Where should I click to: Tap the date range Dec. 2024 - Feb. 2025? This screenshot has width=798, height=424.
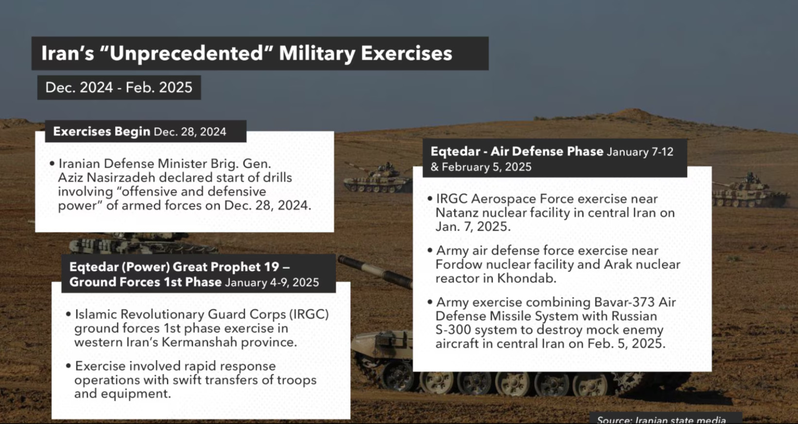coord(119,88)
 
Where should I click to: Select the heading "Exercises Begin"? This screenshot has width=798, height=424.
coord(102,132)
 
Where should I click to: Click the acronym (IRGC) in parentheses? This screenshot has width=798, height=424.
coord(309,315)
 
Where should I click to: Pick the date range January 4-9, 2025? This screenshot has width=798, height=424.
coord(272,283)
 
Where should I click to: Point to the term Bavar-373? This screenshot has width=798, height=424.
coord(624,302)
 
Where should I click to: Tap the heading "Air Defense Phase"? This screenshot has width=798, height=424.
coord(547,152)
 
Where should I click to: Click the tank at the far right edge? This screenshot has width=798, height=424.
coord(750,191)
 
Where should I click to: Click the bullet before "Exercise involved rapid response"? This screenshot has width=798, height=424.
coord(69,366)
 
